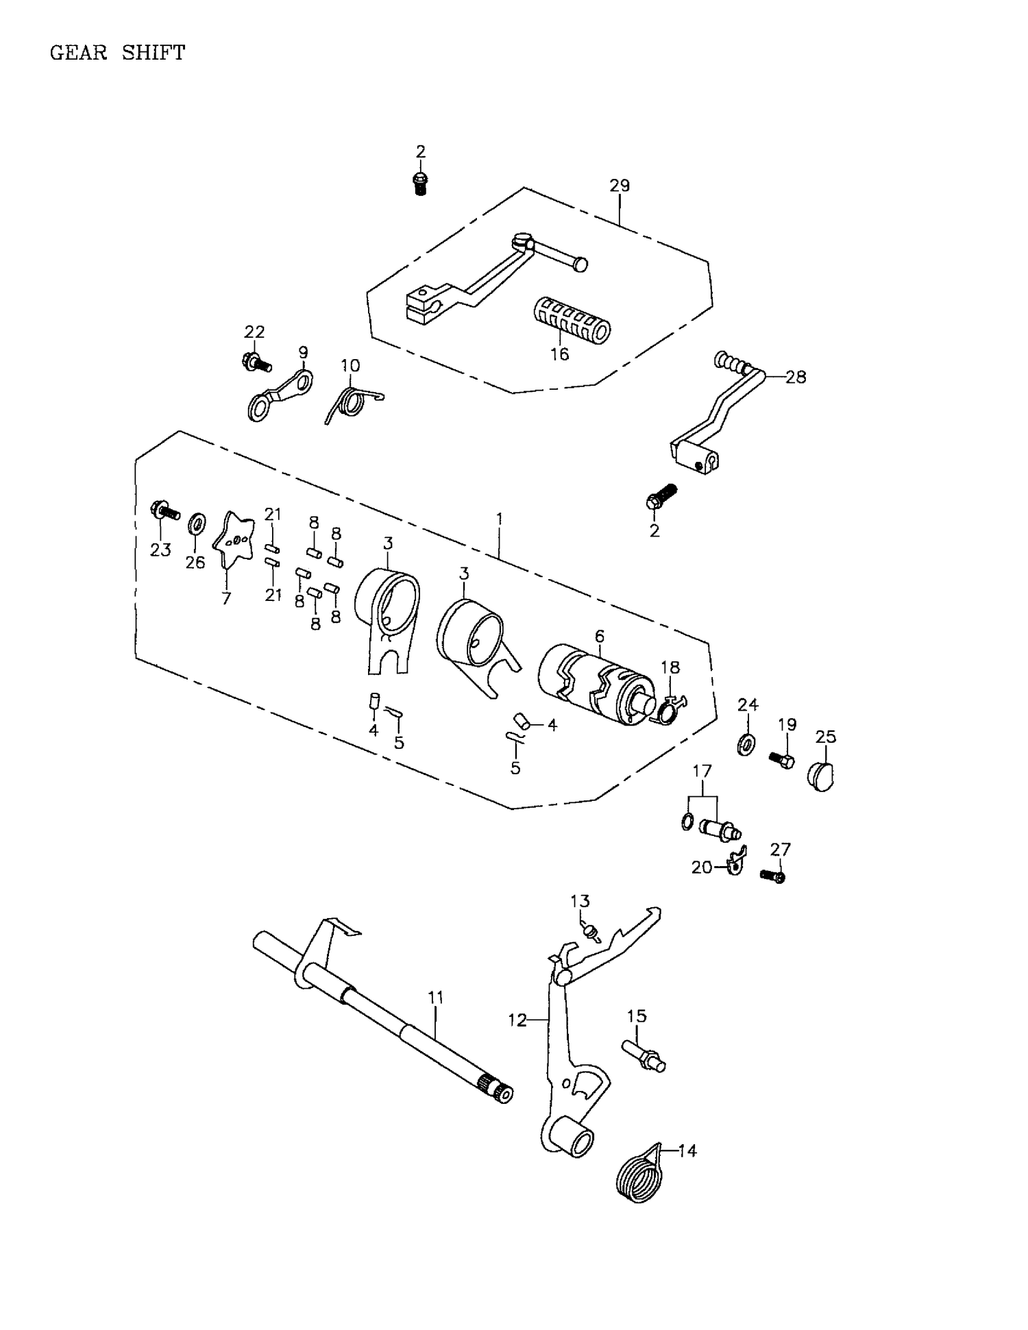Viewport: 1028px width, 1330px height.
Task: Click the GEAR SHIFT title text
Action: (117, 53)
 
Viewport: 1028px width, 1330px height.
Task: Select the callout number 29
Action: (619, 186)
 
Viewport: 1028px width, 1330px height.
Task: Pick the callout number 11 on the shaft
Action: (436, 998)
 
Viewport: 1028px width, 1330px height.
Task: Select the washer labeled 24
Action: (746, 743)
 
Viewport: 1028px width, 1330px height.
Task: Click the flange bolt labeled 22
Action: (256, 360)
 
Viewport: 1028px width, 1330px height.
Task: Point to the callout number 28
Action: (796, 377)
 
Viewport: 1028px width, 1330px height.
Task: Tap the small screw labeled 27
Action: (773, 875)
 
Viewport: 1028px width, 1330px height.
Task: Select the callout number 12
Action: (517, 1020)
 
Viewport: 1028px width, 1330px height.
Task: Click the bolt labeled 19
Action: (782, 759)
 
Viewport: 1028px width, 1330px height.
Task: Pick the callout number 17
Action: (702, 772)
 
